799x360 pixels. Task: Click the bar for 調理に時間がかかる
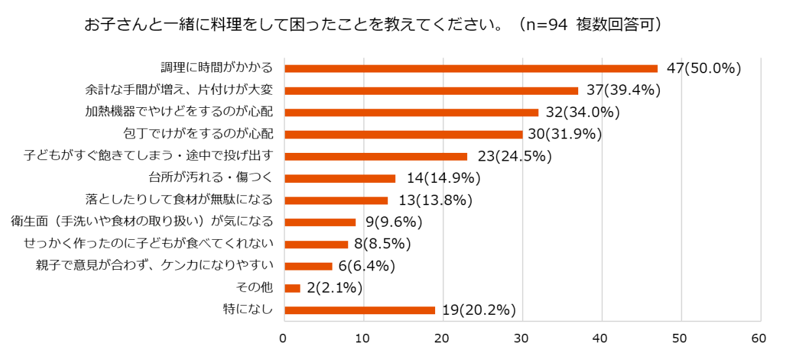470,69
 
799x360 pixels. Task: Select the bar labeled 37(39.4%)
431,91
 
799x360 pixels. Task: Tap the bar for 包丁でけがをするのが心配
403,135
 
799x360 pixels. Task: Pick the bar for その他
292,288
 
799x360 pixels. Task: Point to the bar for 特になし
359,310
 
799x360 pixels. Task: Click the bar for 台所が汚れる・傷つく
340,178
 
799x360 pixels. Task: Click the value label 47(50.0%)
704,69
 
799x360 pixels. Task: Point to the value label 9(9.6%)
394,222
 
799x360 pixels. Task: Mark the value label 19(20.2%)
479,310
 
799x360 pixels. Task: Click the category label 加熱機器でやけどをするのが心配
178,112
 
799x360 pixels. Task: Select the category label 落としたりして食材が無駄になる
178,200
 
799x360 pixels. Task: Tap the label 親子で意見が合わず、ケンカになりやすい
154,266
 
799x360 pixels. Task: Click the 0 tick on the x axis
284,338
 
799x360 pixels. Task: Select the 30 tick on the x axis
521,338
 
